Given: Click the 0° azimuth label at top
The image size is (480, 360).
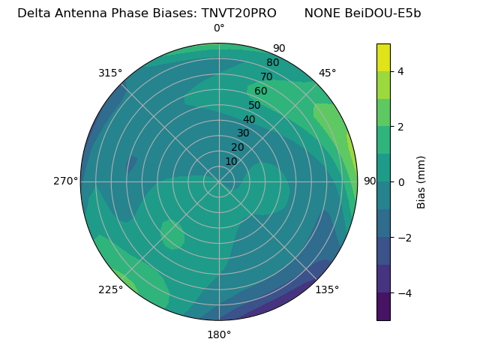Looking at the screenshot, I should click(219, 28).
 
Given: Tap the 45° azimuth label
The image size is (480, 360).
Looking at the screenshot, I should click(327, 73).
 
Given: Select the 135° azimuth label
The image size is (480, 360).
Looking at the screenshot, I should click(327, 289).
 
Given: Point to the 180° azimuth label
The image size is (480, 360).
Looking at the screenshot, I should click(219, 334).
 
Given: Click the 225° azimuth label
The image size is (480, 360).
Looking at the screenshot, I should click(110, 290).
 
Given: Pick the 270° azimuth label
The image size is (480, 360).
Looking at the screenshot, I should click(65, 181).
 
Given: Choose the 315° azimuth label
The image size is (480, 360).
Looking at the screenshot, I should click(110, 73).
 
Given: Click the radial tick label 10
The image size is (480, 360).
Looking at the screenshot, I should click(231, 161).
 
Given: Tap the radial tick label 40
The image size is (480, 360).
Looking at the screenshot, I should click(249, 119).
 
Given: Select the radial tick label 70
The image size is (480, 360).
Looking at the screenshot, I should click(266, 76).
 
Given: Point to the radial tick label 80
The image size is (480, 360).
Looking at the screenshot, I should click(272, 62).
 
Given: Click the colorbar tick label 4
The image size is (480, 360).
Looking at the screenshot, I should click(400, 71).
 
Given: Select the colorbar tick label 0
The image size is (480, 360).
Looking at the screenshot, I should click(400, 182).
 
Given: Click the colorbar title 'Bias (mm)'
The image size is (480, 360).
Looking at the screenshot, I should click(421, 182).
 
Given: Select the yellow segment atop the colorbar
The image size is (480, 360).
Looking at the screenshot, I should click(383, 57).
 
